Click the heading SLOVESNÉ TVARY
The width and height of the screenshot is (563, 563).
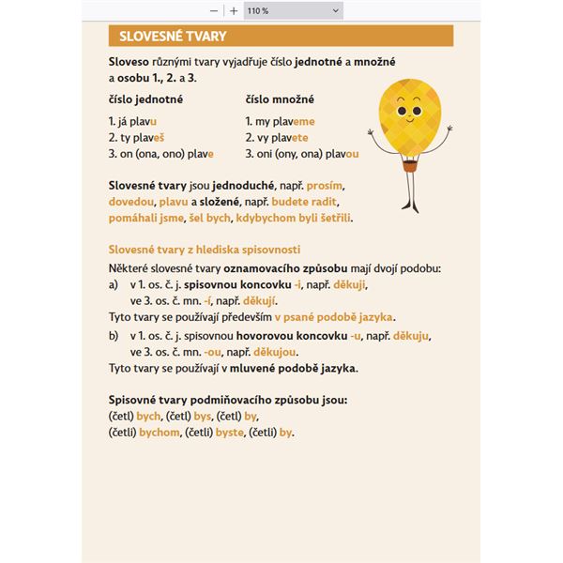pos(166,38)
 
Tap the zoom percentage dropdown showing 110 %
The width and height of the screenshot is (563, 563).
pos(293,10)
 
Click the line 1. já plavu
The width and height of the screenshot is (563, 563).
pos(133,121)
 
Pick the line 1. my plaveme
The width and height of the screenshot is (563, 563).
pos(280,121)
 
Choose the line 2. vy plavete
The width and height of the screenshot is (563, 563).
pos(277,137)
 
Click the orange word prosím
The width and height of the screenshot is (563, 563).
pos(328,186)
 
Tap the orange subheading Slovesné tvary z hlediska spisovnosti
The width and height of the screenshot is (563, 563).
pos(205,249)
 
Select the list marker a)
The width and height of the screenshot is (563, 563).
pos(114,283)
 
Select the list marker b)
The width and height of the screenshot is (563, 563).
pos(114,336)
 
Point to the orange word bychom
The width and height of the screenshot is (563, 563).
pos(160,433)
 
